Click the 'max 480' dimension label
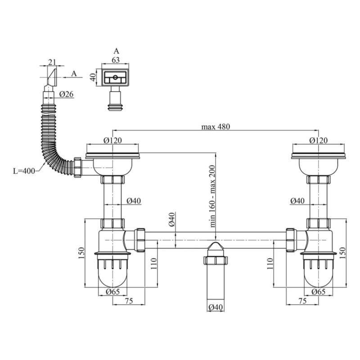coord(216,126)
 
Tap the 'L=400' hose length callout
coord(24,171)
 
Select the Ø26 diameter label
coord(66,94)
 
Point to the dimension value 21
coord(52,62)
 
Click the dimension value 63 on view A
coord(116,60)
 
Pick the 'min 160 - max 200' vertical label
coord(212,196)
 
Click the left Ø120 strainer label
coord(112,140)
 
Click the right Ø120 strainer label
coord(318,140)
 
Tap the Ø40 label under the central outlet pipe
coord(216,307)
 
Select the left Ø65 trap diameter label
coord(113,292)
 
